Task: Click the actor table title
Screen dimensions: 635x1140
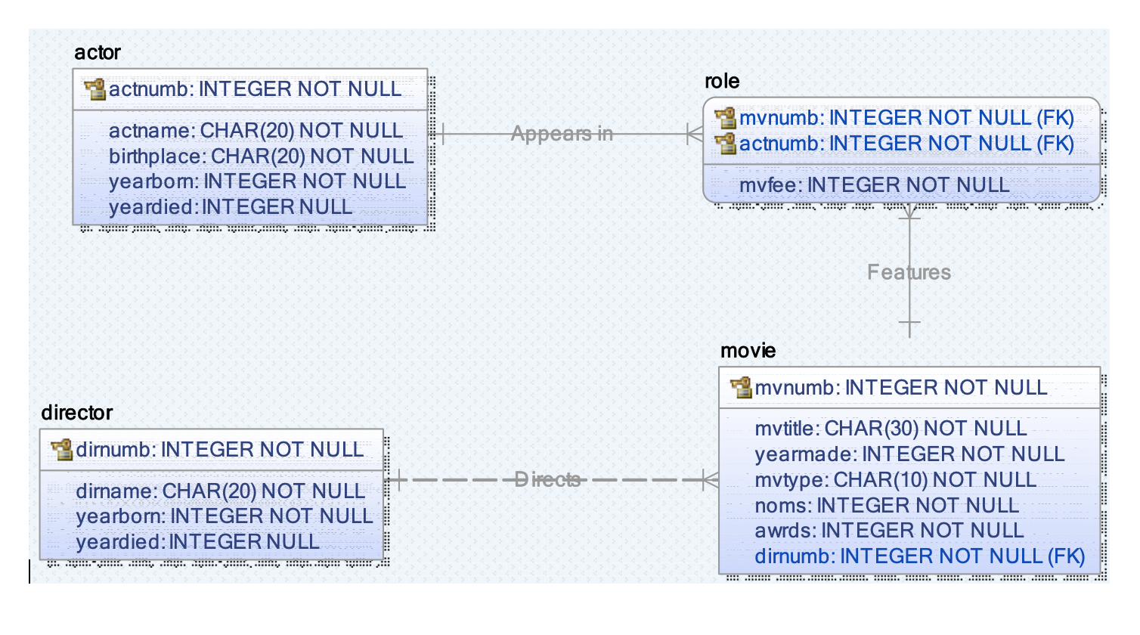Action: click(x=98, y=53)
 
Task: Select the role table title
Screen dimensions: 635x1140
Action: click(x=722, y=82)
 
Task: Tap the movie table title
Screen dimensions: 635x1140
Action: click(x=748, y=351)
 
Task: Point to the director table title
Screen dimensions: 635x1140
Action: click(x=76, y=413)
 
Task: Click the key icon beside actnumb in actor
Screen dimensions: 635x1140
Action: click(x=95, y=89)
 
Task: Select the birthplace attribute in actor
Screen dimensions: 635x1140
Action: click(x=261, y=156)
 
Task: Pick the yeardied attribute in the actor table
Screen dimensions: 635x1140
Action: click(x=230, y=207)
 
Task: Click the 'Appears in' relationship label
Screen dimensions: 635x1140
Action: click(x=562, y=134)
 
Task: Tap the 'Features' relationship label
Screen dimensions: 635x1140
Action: click(x=909, y=272)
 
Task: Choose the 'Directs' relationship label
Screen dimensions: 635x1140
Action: click(x=547, y=479)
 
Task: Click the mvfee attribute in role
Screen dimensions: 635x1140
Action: click(x=874, y=185)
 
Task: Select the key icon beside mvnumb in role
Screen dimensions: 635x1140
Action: click(x=726, y=118)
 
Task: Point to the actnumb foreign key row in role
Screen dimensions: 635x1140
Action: click(x=906, y=144)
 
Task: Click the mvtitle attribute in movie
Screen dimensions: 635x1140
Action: click(x=890, y=429)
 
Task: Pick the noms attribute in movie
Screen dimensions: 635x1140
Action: click(x=886, y=505)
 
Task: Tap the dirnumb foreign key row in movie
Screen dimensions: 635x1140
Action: click(x=919, y=556)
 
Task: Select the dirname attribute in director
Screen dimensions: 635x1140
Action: click(x=220, y=491)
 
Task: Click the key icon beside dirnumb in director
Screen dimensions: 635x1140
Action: click(x=61, y=450)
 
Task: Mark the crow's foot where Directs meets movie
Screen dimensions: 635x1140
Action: click(x=710, y=479)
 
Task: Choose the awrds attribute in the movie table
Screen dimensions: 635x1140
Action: click(x=888, y=531)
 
